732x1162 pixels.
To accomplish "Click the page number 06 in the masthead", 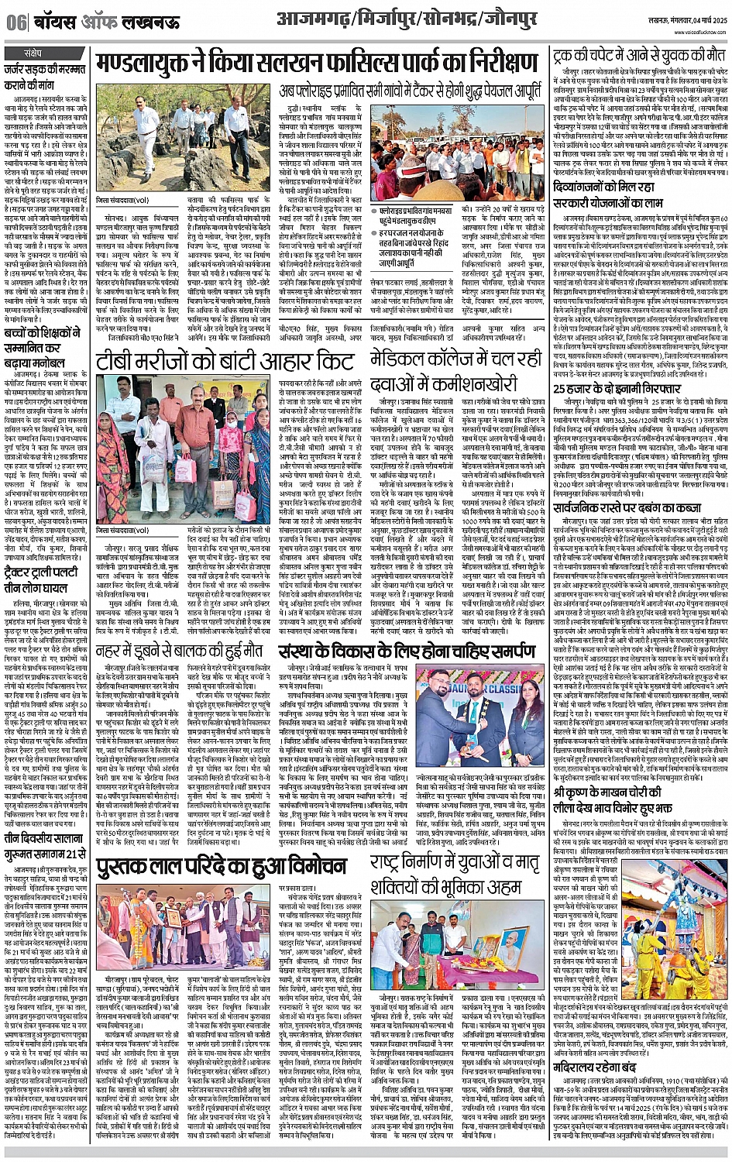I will [15, 22].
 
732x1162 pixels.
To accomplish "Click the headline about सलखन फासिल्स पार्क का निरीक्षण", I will [318, 64].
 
